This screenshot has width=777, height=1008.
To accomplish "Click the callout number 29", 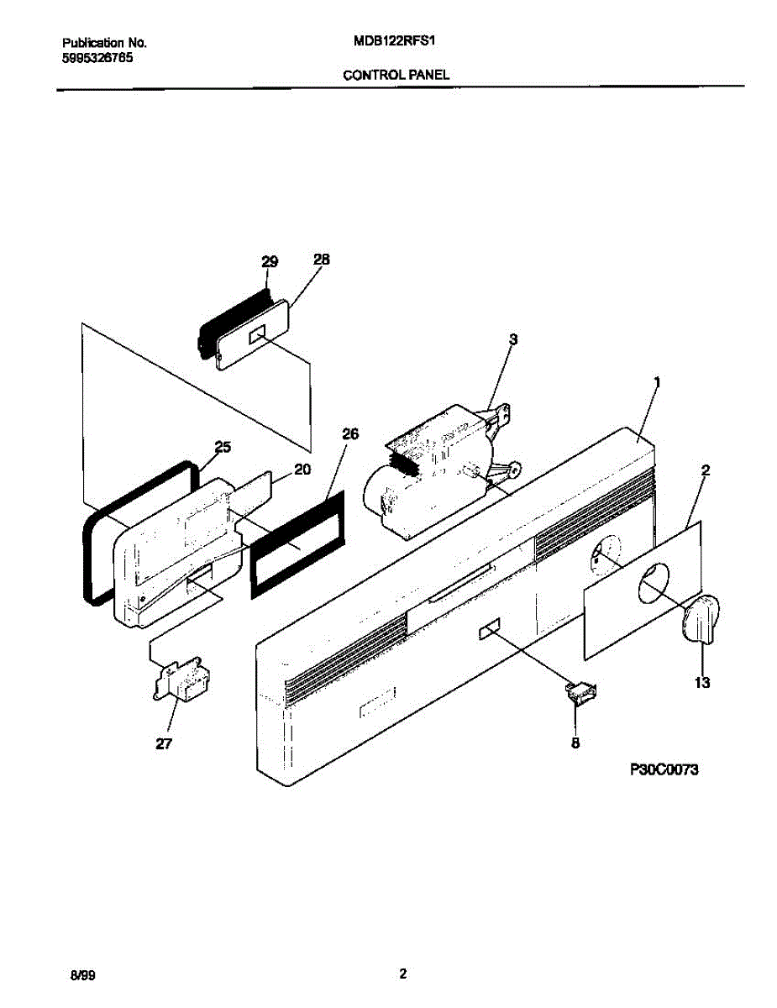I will pyautogui.click(x=269, y=262).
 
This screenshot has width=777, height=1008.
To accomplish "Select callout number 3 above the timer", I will pyautogui.click(x=513, y=339).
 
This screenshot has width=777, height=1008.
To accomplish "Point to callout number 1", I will pyautogui.click(x=657, y=382).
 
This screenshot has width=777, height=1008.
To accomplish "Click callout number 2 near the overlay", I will pyautogui.click(x=705, y=471).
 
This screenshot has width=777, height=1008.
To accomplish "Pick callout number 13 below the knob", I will pyautogui.click(x=701, y=683).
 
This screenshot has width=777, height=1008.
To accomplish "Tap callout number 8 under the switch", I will pyautogui.click(x=575, y=742).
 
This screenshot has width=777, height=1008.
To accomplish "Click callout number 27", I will pyautogui.click(x=164, y=743).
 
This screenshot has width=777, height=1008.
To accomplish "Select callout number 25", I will pyautogui.click(x=223, y=447).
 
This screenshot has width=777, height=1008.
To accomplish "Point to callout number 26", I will pyautogui.click(x=350, y=434).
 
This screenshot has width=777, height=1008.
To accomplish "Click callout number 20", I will pyautogui.click(x=302, y=470).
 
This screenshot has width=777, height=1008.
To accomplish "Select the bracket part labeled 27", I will pyautogui.click(x=181, y=678).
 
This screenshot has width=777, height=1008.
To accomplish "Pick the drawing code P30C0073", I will pyautogui.click(x=664, y=769).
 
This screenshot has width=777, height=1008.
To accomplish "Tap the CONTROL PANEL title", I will pyautogui.click(x=396, y=75).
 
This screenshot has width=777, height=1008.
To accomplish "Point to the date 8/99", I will pyautogui.click(x=82, y=976).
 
